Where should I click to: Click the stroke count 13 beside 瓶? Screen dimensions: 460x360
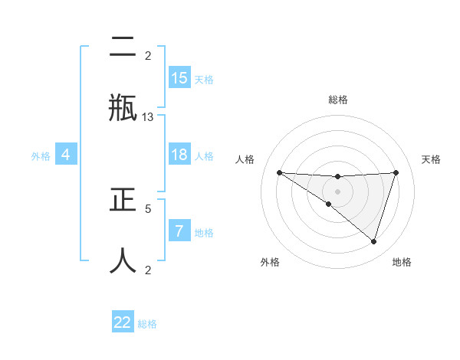pos(148,116)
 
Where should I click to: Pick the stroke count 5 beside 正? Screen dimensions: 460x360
pos(148,208)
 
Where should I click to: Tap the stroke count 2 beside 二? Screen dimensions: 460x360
pos(148,55)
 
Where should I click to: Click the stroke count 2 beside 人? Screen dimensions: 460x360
pos(148,270)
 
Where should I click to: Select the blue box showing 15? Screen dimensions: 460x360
pos(179,77)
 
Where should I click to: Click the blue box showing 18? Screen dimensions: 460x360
pos(179,155)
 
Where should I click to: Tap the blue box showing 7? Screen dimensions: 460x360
pos(179,231)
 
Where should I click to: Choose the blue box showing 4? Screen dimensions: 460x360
pos(66,155)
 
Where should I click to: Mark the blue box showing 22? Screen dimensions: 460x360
pos(123,322)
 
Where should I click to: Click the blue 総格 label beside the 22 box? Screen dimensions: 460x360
pos(147,324)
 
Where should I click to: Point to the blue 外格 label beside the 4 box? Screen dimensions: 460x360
pos(41,156)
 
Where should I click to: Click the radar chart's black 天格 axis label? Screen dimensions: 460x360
pos(432,159)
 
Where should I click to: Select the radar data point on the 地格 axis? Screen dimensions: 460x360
pos(374,241)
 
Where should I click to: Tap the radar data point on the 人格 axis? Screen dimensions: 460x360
pos(279,172)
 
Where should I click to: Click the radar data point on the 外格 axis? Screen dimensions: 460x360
pos(329,204)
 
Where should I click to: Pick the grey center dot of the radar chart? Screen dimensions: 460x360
pos(338,191)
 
